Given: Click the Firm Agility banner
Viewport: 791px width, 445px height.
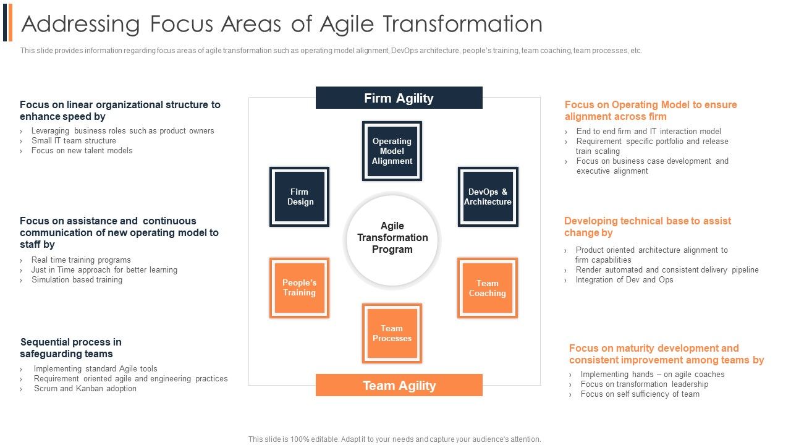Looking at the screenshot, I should click(399, 98).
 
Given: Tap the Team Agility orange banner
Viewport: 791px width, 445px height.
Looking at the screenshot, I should click(399, 386).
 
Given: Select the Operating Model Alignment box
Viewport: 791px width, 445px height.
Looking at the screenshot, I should click(392, 151).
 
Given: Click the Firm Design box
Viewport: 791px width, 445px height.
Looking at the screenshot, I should click(300, 197).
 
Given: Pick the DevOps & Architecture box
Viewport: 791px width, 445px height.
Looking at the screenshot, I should click(488, 197).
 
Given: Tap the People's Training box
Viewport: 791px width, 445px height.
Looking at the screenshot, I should click(299, 288).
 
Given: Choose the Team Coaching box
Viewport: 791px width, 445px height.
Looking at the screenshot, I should click(487, 288).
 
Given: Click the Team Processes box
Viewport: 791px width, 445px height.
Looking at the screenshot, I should click(392, 334).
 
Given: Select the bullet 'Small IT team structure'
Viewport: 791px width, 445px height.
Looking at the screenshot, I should click(74, 141).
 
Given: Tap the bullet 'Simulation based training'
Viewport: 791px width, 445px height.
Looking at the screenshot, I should click(77, 280).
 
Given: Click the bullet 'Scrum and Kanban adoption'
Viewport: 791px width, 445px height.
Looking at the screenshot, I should click(85, 389).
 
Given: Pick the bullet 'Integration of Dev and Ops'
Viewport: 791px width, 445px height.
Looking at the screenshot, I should click(624, 280).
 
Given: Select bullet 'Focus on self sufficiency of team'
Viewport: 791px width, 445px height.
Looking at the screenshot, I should click(640, 394).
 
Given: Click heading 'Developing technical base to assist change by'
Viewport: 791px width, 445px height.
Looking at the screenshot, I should click(647, 227).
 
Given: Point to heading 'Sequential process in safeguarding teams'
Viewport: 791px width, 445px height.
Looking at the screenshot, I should click(70, 348).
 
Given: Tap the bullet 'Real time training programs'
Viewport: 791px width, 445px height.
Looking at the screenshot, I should click(81, 260).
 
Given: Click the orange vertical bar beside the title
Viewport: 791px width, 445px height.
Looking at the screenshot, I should click(11, 22).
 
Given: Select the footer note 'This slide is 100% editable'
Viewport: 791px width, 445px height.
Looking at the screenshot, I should click(394, 439).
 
